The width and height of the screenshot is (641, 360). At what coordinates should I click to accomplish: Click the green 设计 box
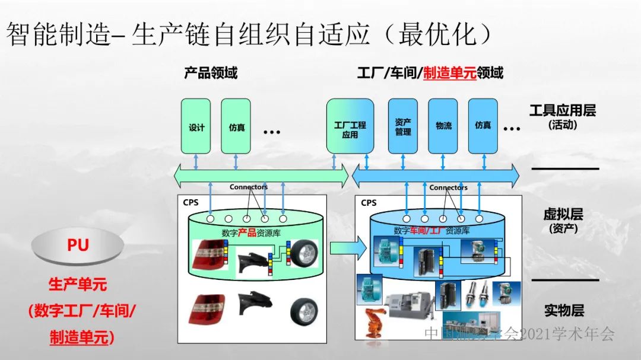[x=196, y=126]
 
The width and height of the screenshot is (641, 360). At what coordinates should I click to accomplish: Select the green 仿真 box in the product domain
[x=236, y=126]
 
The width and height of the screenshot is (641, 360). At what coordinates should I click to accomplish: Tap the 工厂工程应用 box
[x=350, y=126]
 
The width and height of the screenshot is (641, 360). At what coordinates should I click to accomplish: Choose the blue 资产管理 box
[x=403, y=126]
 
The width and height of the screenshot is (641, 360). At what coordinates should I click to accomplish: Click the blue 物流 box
[x=443, y=126]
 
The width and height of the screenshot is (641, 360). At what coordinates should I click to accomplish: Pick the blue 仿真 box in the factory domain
[x=483, y=126]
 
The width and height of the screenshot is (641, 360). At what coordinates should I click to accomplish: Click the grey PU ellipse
[x=78, y=246]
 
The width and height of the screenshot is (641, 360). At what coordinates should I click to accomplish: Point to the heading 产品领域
[x=211, y=74]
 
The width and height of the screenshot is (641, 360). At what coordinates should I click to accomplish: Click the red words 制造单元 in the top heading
[x=450, y=74]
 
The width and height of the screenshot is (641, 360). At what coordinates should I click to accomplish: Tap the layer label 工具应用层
[x=562, y=110]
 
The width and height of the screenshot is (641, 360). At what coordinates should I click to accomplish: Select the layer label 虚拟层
[x=563, y=214]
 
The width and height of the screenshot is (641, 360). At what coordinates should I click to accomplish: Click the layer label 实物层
[x=564, y=310]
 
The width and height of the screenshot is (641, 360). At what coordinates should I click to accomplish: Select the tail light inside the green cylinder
[x=208, y=254]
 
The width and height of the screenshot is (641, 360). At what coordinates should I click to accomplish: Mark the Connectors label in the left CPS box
[x=248, y=187]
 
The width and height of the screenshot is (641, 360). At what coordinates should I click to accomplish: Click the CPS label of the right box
[x=368, y=203]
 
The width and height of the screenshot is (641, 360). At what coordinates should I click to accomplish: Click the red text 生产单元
[x=78, y=285]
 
